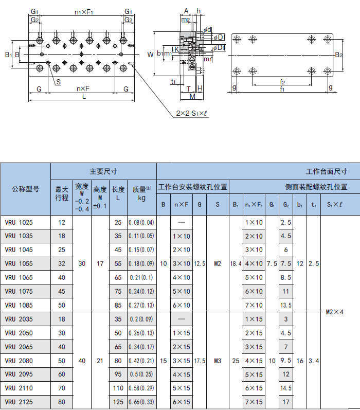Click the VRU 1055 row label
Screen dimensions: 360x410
[19, 263]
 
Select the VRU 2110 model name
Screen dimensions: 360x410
[19, 388]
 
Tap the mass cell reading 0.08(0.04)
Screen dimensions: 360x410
[141, 223]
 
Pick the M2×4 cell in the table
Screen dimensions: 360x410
[335, 312]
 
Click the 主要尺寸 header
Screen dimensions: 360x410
[103, 171]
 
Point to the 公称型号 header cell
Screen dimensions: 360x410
[25, 189]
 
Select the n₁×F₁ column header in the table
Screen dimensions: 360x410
[254, 204]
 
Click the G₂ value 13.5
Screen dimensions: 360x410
[286, 305]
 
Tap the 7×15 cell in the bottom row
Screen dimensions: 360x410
[254, 402]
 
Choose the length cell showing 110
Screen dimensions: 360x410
[118, 388]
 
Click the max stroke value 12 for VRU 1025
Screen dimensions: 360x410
[62, 223]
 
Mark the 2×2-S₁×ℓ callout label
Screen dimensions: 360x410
[192, 113]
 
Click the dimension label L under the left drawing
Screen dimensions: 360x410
[84, 97]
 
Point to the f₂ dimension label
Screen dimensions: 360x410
[282, 82]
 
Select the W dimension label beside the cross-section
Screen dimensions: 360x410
[150, 55]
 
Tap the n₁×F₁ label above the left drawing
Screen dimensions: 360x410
[84, 12]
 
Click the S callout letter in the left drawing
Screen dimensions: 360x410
[59, 82]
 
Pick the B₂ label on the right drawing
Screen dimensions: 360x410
[339, 55]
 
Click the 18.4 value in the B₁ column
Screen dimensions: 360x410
[236, 263]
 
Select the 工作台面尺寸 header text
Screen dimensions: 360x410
[327, 171]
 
